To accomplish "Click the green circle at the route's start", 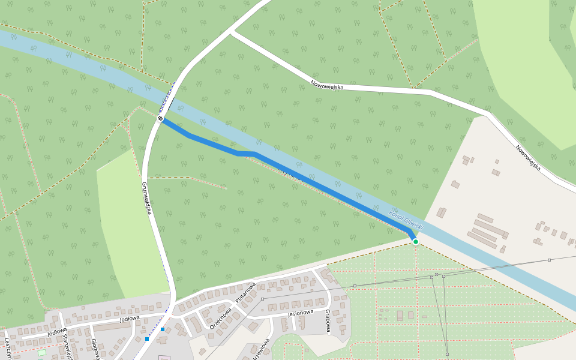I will coord(415,242).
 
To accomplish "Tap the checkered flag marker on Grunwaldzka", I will coord(161,119).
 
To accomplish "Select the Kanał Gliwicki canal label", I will coord(406,221).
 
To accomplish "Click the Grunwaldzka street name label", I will coord(146,199).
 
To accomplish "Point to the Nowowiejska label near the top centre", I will coord(327,85).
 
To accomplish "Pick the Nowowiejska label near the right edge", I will coord(528,157).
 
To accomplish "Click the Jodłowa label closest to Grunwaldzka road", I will coord(130,319).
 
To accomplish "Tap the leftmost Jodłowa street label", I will coord(57,331).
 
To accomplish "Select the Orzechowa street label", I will coord(220,318).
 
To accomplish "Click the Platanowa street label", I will coord(245,292).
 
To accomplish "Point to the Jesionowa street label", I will coord(301,313).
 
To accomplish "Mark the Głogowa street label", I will coord(95,349).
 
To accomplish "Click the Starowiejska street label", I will coord(68,347).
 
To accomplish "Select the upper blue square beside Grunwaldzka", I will coord(163,329).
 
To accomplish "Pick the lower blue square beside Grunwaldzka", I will coord(147,339).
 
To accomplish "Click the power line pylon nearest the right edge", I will coord(549,260).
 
